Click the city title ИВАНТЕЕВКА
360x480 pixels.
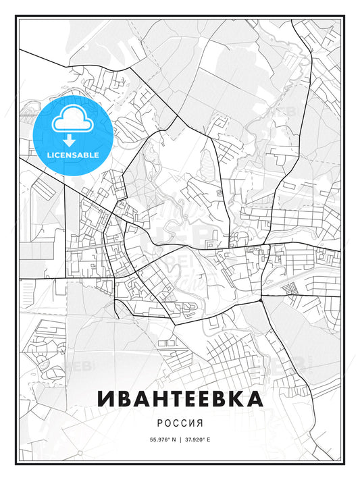pyautogui.click(x=180, y=398)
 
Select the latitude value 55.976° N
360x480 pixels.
pyautogui.click(x=161, y=439)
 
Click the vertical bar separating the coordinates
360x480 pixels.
pyautogui.click(x=180, y=439)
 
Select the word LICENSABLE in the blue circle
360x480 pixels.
pyautogui.click(x=73, y=155)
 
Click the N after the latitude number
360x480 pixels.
pyautogui.click(x=174, y=439)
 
